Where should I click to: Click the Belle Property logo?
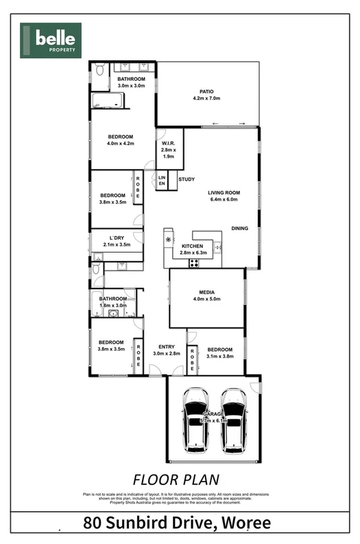point(51,40)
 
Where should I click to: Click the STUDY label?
point(187,180)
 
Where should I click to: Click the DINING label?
point(239,228)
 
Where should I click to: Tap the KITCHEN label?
point(192,246)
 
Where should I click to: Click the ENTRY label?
point(167,346)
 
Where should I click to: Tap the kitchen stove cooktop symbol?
point(194,262)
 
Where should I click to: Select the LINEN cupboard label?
point(162,180)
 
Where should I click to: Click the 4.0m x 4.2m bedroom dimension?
point(119,143)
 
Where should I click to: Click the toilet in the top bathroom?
point(99,70)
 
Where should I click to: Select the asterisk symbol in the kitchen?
point(169,239)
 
